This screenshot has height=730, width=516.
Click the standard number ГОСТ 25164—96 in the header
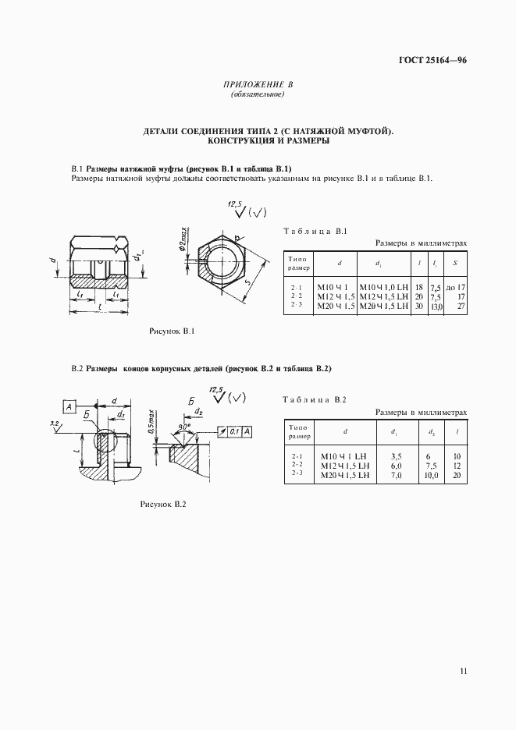pos(431,60)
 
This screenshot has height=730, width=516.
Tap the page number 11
pos(463,671)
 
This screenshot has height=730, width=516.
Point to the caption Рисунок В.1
pos(172,332)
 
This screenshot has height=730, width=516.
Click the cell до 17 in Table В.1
pos(455,288)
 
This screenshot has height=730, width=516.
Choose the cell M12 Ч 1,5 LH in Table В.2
pos(343,465)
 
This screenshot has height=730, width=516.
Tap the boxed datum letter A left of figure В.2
pos(69,406)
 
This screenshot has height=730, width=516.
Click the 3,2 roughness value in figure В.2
pos(53,422)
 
